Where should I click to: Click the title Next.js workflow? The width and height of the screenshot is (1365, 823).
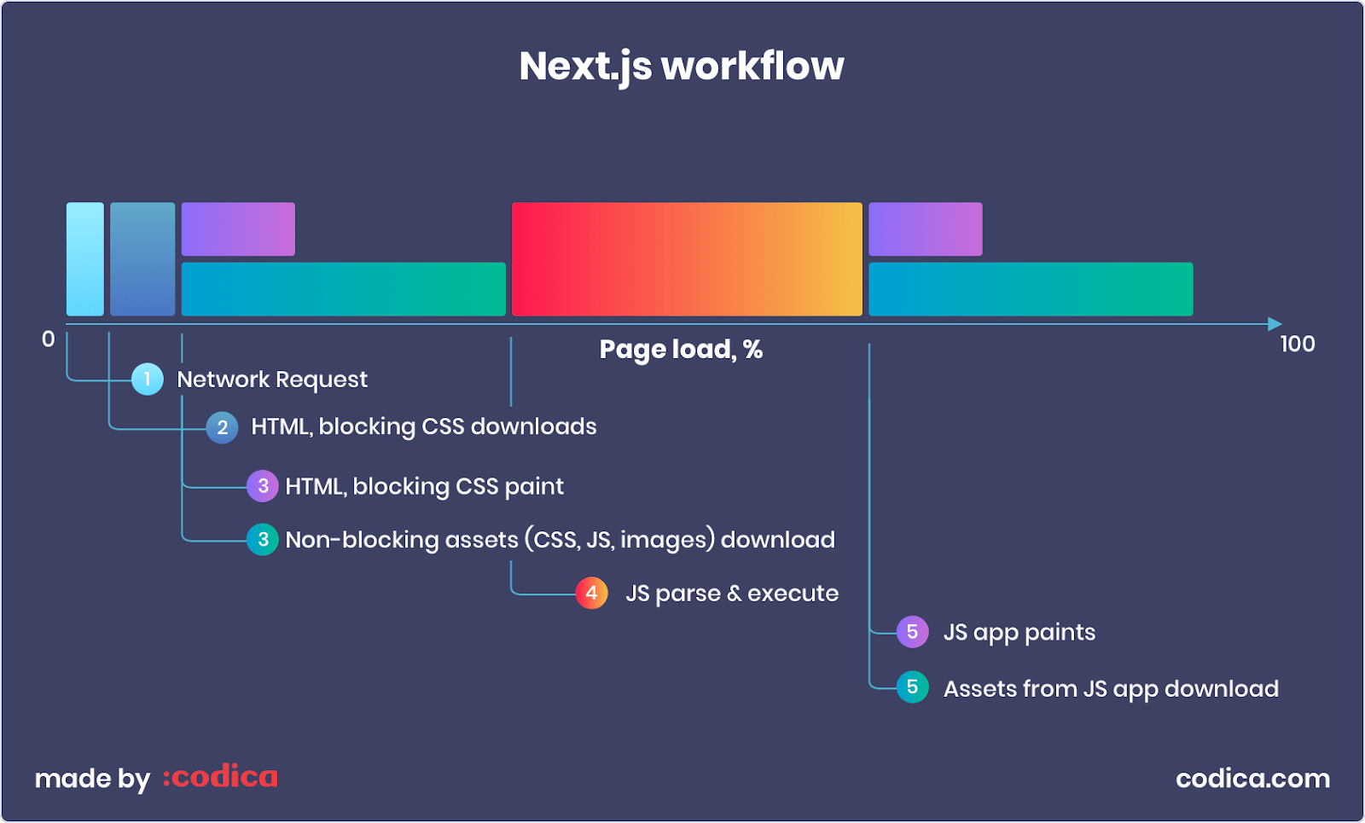pos(682,67)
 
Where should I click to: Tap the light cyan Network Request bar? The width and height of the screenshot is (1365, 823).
pos(85,259)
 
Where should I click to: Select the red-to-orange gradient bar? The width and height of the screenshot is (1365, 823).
pos(687,259)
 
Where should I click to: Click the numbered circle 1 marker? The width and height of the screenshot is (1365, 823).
pos(148,380)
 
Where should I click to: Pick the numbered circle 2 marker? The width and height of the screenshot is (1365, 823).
pos(222,427)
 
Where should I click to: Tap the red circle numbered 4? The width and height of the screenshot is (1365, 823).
pos(591,593)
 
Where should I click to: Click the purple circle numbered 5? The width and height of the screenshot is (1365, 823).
pos(912,632)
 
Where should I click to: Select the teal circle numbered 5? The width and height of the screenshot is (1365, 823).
pos(912,687)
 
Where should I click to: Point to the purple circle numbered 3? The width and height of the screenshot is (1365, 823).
pos(263,486)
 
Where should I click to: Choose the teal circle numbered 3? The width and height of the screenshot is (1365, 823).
pos(263,539)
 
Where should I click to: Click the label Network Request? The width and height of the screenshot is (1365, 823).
pos(272,380)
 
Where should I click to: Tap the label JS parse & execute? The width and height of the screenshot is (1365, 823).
pos(732,594)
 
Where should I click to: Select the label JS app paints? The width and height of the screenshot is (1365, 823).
pos(1019,633)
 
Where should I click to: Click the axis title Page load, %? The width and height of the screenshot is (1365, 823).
pos(681,350)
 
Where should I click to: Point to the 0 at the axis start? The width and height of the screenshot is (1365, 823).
pos(49,339)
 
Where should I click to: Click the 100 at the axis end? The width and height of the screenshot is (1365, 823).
pos(1297,344)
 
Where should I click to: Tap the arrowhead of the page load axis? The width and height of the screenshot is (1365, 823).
pos(1275,324)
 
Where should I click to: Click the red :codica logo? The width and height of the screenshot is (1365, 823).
pos(220,778)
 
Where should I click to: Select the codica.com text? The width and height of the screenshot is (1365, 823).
pos(1252,779)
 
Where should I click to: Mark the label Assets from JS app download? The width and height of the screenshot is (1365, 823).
pos(1111,689)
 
